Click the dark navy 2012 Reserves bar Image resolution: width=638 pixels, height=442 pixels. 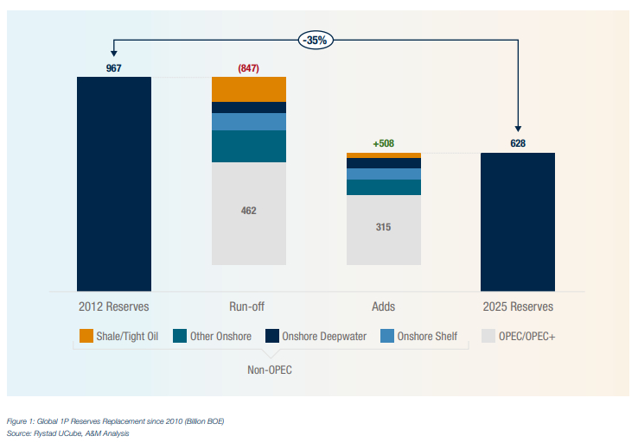click(114, 184)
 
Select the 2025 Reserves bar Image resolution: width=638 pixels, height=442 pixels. click(517, 222)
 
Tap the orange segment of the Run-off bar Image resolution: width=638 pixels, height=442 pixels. click(249, 89)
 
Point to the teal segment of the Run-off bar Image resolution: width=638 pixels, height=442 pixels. click(249, 146)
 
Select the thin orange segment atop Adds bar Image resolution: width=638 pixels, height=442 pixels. click(384, 155)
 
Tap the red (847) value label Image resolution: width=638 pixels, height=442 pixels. click(249, 68)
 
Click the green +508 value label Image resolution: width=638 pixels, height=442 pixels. click(383, 143)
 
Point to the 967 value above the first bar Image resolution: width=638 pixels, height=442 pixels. click(113, 68)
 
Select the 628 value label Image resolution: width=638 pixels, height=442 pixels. click(518, 143)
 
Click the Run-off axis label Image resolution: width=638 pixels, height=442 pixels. click(249, 306)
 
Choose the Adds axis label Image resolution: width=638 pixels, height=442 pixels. click(383, 306)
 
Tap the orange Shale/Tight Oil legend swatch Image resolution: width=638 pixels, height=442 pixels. click(86, 336)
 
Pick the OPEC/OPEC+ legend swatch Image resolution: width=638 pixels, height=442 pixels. click(487, 336)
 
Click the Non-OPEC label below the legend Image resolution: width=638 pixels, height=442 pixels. click(271, 369)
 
